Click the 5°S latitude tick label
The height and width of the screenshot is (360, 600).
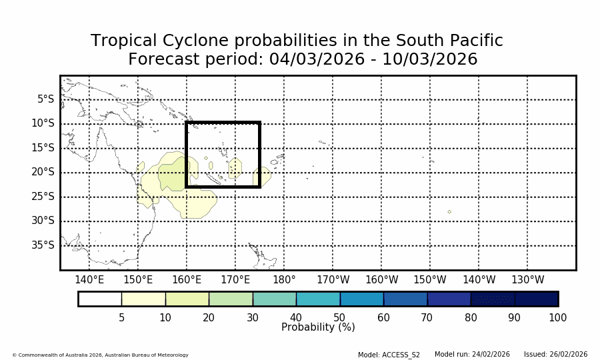45,99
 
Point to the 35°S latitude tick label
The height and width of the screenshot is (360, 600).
43,245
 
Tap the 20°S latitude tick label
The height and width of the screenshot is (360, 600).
43,172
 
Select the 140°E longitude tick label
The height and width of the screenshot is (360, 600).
89,280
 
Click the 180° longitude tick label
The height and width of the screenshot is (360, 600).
284,280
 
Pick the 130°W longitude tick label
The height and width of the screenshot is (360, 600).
527,280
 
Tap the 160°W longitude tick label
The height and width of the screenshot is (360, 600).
381,280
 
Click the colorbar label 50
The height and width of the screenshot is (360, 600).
339,318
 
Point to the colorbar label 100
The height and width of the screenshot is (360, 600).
557,318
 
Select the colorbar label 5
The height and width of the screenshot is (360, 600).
121,318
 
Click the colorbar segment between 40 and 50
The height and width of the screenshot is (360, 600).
318,299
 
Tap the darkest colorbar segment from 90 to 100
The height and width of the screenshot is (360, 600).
536,299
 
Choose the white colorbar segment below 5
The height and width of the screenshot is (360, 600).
100,299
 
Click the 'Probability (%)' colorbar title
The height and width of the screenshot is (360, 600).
318,327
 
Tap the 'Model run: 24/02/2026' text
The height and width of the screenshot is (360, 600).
472,355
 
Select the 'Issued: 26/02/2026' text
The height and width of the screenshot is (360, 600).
555,355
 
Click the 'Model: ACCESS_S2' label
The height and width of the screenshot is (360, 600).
389,355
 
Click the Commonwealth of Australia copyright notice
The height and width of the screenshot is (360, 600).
100,355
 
